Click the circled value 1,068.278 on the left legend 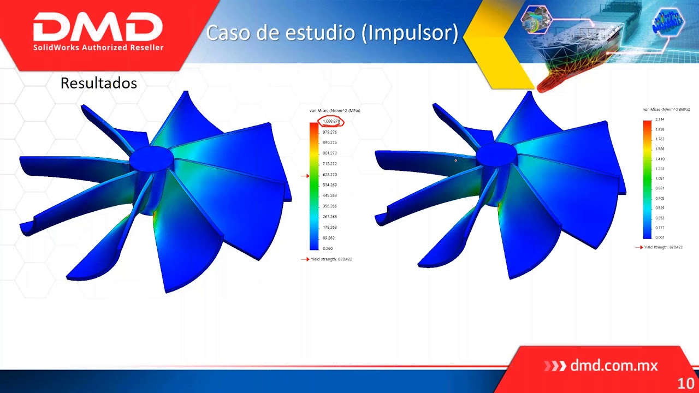point(331,121)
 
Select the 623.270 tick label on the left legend point(330,175)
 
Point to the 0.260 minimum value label point(328,248)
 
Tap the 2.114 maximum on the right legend point(660,119)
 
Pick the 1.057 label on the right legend point(660,178)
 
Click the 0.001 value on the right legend point(660,237)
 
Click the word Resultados point(98,83)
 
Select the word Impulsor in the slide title point(412,33)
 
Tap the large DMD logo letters point(98,27)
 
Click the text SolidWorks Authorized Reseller point(98,47)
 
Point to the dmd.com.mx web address point(614,366)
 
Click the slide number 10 point(685,383)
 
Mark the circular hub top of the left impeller point(152,156)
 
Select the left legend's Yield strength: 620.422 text point(331,259)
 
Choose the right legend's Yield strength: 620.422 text point(664,247)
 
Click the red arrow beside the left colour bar point(305,176)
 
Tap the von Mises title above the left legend point(335,111)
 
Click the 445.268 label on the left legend point(330,195)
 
